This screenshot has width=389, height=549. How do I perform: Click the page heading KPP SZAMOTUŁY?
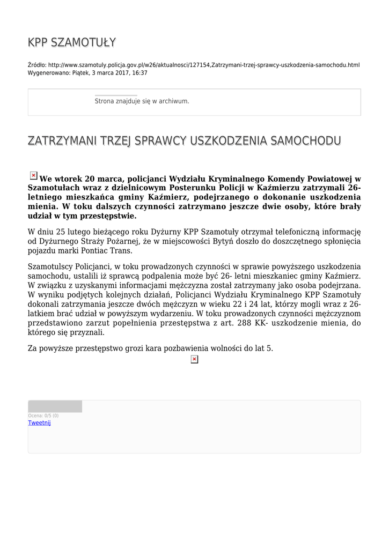72,43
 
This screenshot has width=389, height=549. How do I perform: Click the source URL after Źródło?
204,65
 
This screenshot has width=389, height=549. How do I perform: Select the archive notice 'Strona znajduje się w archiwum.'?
142,101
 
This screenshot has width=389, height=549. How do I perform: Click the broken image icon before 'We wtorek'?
33,175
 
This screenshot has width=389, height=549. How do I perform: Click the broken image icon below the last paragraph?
194,359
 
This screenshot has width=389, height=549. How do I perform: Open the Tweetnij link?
39,422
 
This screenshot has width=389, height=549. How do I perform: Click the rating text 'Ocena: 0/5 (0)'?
43,416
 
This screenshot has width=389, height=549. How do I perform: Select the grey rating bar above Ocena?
55,406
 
